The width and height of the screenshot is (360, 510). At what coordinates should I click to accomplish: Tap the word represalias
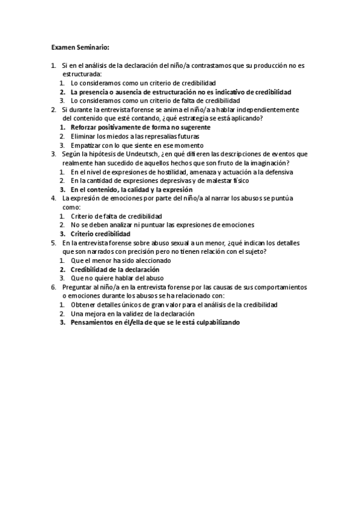[x=144, y=137]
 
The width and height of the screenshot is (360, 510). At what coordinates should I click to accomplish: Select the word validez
[x=135, y=314]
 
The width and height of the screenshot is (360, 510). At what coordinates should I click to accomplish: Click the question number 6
[x=53, y=287]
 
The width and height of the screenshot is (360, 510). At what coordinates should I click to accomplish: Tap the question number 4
[x=53, y=198]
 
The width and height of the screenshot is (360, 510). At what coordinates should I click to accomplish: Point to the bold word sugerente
[x=194, y=127]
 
